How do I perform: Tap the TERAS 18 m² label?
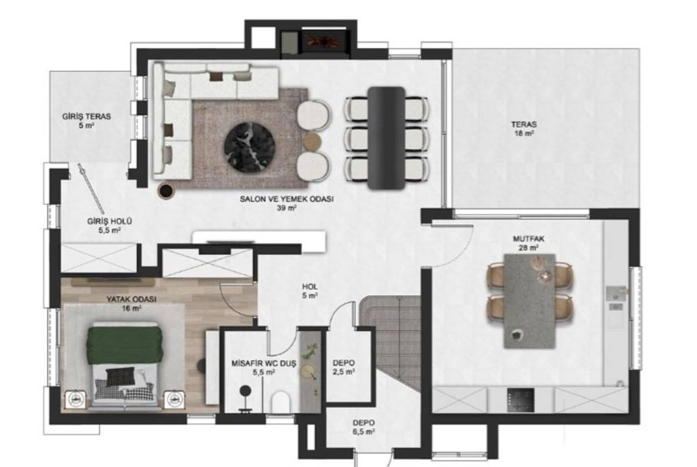tap(524, 128)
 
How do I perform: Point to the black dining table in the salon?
tap(386, 138)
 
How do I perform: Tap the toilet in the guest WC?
tap(281, 402)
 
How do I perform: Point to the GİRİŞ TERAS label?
tap(87, 121)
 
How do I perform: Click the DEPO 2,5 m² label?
tap(344, 367)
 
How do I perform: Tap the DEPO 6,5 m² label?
tap(364, 427)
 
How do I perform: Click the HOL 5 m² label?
tap(310, 291)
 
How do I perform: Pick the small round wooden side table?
tap(312, 139)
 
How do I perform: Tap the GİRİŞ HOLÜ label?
tap(110, 226)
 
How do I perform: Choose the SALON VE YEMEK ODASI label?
tap(287, 203)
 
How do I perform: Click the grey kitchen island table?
tap(530, 301)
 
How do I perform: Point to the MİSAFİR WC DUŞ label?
tap(264, 368)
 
